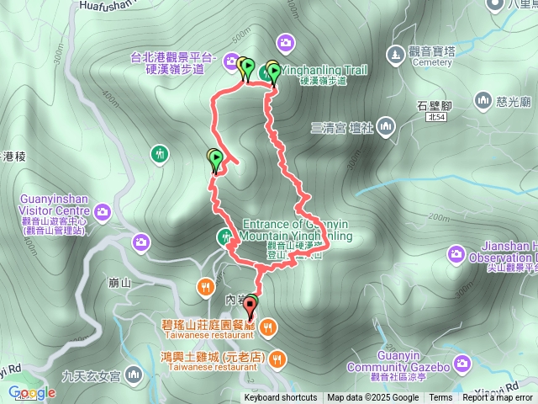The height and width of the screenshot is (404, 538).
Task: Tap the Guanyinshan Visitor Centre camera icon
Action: click(103, 210)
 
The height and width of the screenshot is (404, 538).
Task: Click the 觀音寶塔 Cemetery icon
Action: click(394, 55)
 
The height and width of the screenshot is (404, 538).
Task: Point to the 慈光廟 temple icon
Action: click(483, 101)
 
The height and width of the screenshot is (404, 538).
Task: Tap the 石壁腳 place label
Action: click(435, 105)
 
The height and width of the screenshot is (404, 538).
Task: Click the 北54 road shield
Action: click(435, 120)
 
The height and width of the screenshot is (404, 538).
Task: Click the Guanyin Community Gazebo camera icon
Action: click(461, 364)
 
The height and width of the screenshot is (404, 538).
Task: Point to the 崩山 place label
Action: click(120, 283)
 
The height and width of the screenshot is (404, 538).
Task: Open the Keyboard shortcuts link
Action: click(280, 398)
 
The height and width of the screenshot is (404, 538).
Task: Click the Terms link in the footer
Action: click(440, 398)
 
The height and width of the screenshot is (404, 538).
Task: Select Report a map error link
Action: click(498, 398)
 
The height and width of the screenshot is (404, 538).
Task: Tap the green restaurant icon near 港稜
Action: click(160, 154)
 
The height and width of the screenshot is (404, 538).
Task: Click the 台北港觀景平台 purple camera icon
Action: click(231, 59)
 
